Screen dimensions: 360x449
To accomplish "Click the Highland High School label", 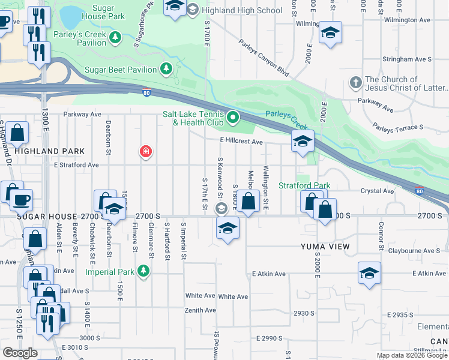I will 242,10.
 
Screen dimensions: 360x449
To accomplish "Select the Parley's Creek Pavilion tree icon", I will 119,38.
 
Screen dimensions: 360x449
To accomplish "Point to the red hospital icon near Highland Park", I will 145,151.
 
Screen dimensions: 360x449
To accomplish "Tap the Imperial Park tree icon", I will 143,272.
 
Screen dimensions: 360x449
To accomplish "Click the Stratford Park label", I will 304,185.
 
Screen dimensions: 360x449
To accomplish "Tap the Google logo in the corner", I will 20,353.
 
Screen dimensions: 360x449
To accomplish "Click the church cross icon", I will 355,82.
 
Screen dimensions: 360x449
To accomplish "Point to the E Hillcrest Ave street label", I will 241,142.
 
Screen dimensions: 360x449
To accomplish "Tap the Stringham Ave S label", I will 410,59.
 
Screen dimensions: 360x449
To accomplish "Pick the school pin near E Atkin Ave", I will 369,273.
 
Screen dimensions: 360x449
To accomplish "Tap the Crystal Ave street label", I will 377,191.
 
